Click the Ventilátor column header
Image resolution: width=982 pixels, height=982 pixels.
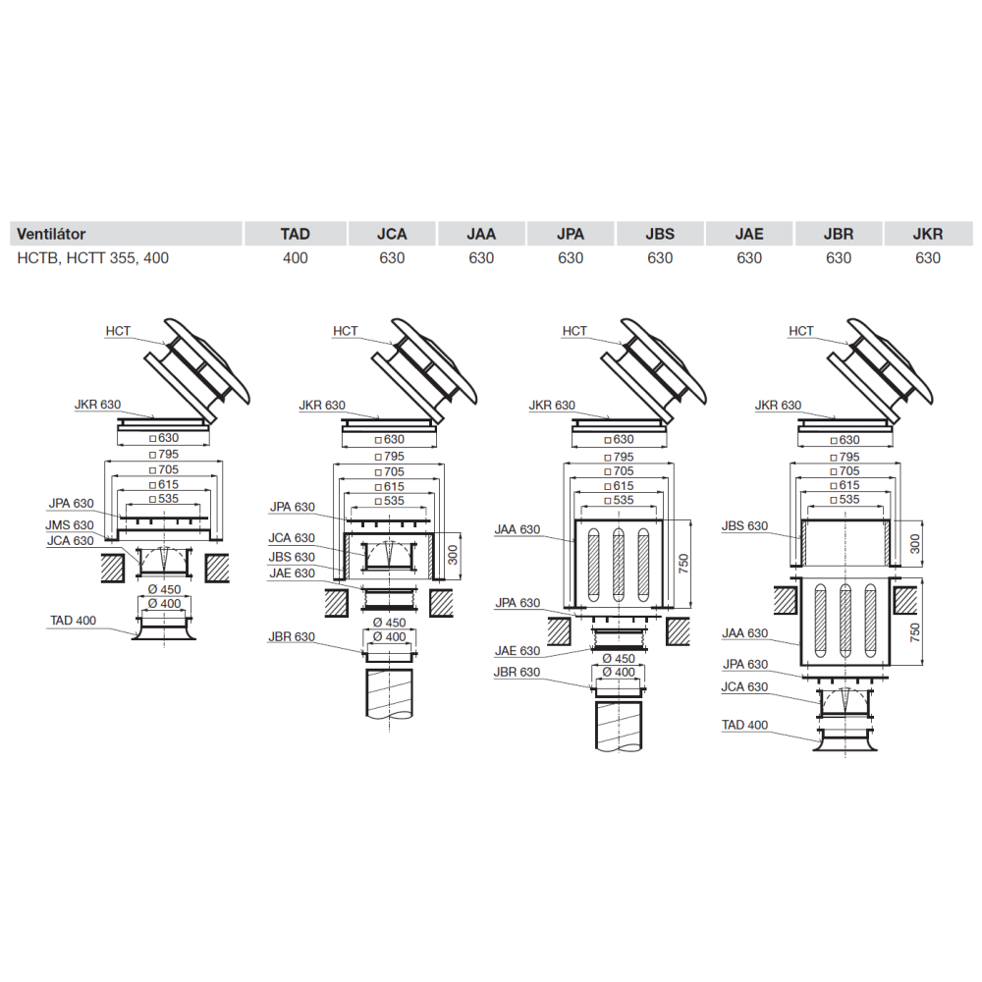pos(51,235)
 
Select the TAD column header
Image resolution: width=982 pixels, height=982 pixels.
pos(295,235)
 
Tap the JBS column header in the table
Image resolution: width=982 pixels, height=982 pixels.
pos(660,235)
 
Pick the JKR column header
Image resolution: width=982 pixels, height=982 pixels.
pos(928,235)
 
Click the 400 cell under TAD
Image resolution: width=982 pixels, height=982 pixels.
pos(295,258)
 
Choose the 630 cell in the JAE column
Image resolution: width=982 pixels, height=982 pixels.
pos(749,258)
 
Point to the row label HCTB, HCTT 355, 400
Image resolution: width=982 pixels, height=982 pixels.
pos(92,258)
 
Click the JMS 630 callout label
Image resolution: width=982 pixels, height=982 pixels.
pos(70,524)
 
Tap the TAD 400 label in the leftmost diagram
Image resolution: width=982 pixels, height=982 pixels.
pos(74,620)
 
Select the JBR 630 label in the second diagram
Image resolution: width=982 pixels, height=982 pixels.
pos(292,636)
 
